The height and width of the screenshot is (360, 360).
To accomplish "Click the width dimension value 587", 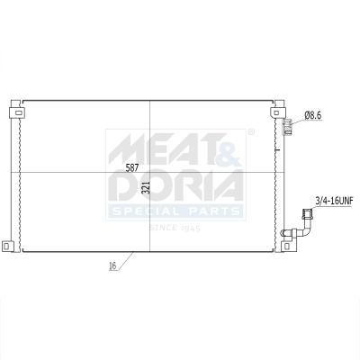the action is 132,167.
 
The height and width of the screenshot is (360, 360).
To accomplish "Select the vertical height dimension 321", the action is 146,187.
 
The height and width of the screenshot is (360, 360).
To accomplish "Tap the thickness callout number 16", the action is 112,265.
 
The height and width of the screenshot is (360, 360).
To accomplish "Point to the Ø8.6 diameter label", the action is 313,115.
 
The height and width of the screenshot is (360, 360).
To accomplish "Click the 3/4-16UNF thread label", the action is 333,201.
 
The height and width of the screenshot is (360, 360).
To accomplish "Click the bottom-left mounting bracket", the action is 7,247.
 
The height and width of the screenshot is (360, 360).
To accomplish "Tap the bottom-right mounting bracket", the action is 288,247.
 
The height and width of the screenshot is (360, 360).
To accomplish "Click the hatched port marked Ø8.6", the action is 287,127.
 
